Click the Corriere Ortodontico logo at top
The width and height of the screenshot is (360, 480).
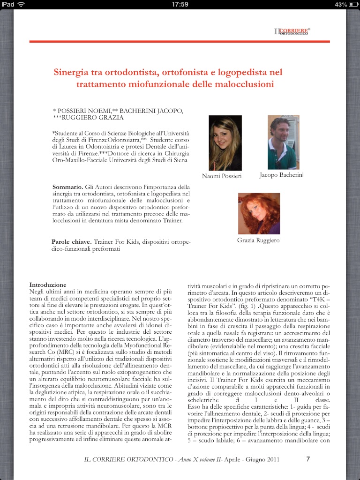(x=292, y=31)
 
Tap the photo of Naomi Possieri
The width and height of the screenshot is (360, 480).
(x=225, y=143)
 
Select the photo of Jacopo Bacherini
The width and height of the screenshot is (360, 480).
(x=283, y=142)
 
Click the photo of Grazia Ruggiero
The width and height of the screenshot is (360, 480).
(x=259, y=213)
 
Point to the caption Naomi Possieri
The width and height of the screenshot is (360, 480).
(x=222, y=176)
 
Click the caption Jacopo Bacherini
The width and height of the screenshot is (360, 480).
(x=281, y=175)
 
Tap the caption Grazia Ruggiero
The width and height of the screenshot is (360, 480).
(x=259, y=240)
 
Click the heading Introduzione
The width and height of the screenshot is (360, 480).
(x=48, y=285)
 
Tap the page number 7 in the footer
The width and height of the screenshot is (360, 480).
(x=308, y=459)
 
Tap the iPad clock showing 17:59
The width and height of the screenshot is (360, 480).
(x=180, y=4)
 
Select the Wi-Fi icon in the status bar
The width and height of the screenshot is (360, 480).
(x=21, y=4)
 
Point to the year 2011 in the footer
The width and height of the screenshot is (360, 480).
(x=274, y=459)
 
